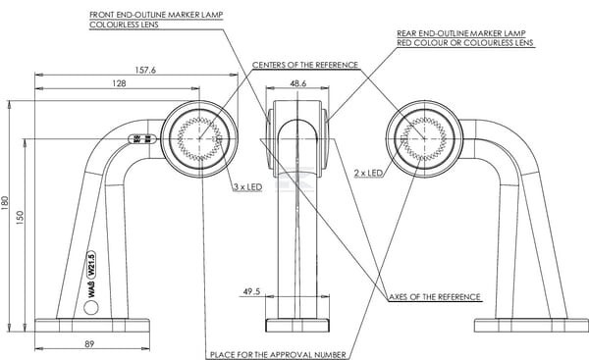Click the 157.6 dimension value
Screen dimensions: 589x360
click(x=145, y=70)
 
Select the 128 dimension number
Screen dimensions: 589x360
click(x=119, y=83)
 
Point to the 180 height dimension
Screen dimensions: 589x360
click(x=5, y=203)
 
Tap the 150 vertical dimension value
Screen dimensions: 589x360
click(x=20, y=218)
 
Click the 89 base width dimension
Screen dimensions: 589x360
click(x=89, y=344)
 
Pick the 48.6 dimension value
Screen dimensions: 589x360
click(x=297, y=83)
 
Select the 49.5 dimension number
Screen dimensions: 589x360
click(x=251, y=291)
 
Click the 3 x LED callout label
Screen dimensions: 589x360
click(x=248, y=187)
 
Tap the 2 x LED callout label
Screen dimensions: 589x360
click(x=368, y=173)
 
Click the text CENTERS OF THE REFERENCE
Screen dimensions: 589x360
click(x=305, y=65)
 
